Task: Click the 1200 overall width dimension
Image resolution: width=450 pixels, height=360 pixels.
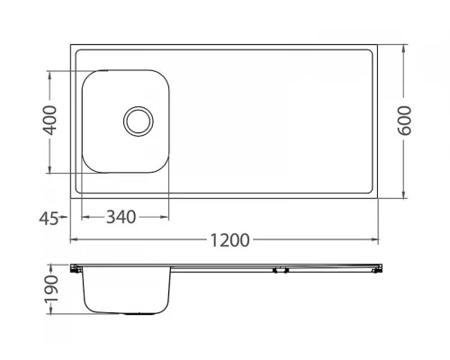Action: (x=229, y=240)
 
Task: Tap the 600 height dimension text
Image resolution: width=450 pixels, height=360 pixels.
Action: (x=404, y=121)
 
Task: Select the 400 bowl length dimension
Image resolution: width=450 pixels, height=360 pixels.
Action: (x=49, y=120)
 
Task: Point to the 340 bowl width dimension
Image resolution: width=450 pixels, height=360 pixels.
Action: (x=121, y=217)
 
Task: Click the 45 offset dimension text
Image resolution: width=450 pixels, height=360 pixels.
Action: (x=49, y=219)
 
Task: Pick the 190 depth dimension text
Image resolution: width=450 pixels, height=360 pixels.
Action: (x=51, y=290)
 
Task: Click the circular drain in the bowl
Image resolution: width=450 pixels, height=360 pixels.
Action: (x=139, y=121)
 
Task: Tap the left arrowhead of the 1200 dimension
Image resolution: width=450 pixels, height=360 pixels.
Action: (x=74, y=239)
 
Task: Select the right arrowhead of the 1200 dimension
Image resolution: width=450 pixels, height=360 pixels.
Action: (x=374, y=239)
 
